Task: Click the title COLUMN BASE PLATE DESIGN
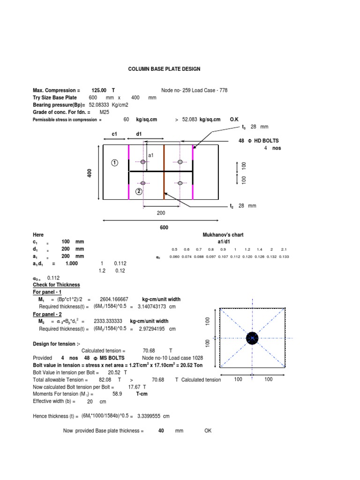164,69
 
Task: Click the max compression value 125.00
100,90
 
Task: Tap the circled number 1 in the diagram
114,163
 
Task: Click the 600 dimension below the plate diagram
164,228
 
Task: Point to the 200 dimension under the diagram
161,212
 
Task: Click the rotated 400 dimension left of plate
90,172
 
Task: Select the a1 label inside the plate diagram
151,155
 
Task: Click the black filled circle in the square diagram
252,338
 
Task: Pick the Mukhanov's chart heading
223,234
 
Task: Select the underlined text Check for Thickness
56,285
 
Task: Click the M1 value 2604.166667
114,300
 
